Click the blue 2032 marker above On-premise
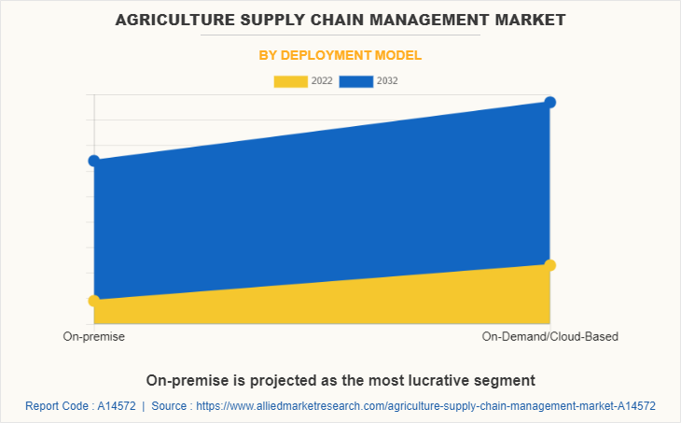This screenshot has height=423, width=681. pyautogui.click(x=94, y=161)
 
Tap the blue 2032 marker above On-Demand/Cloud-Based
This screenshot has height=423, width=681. pyautogui.click(x=550, y=102)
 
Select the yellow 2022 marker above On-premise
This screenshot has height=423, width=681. pyautogui.click(x=94, y=301)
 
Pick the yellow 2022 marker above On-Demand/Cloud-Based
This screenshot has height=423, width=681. pyautogui.click(x=550, y=265)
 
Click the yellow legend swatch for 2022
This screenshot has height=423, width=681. pyautogui.click(x=290, y=81)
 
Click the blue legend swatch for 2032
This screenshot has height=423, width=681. pyautogui.click(x=356, y=81)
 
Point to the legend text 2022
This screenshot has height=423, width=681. pyautogui.click(x=322, y=81)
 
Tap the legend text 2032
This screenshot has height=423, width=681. pyautogui.click(x=387, y=81)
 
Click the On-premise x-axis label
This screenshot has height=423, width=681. pyautogui.click(x=94, y=336)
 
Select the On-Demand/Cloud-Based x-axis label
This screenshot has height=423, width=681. pyautogui.click(x=550, y=336)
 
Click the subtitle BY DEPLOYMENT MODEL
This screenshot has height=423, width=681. pyautogui.click(x=340, y=55)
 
